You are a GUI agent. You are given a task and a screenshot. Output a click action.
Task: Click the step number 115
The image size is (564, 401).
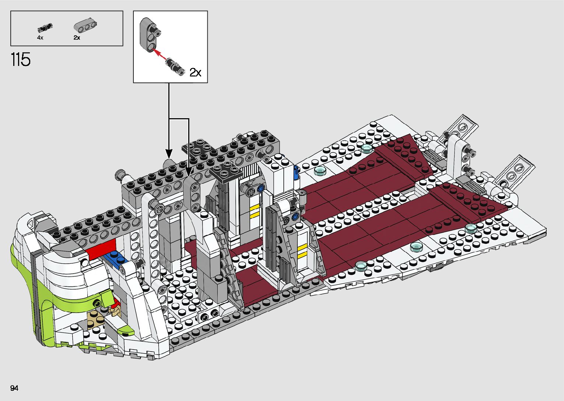(21, 60)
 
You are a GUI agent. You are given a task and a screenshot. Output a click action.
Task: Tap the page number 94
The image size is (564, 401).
(15, 388)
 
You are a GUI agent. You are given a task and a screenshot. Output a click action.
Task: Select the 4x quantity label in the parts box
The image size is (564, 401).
(40, 38)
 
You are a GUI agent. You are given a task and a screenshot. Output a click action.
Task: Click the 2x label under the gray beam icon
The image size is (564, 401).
(77, 38)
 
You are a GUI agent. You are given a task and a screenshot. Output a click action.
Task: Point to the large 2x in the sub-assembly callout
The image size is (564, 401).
(195, 72)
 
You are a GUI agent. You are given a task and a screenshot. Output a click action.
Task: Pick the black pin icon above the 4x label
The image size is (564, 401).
(45, 28)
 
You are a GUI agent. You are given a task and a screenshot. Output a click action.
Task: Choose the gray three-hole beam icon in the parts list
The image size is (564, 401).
(85, 26)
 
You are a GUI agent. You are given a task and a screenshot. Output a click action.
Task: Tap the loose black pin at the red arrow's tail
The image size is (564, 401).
(175, 65)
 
